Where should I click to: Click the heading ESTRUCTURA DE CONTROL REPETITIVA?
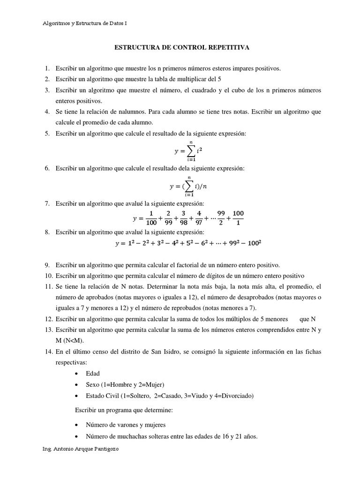[x=182, y=47]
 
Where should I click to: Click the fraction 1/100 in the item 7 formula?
[x=151, y=218]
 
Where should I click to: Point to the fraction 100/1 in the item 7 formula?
[x=238, y=218]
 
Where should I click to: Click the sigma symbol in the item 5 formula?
[x=191, y=151]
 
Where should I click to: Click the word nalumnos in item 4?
[x=119, y=112]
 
